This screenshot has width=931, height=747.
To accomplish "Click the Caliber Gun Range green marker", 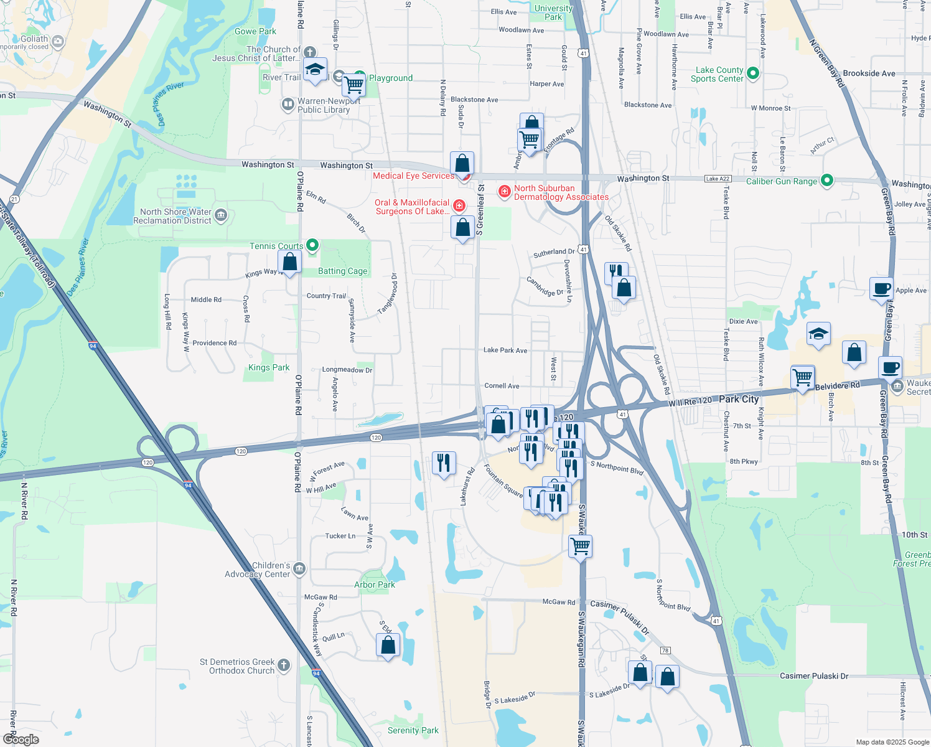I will (826, 181).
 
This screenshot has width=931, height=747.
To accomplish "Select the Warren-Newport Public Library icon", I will (288, 104).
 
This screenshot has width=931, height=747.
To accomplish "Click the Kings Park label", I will (269, 368).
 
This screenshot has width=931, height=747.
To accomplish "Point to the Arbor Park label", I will (374, 585).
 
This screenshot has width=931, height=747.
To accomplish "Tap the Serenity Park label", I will (413, 731).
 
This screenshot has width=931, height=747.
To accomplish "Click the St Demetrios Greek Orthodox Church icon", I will (284, 665).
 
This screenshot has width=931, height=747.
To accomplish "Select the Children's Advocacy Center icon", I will (299, 568).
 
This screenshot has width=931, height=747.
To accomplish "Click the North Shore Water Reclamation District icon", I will (221, 215).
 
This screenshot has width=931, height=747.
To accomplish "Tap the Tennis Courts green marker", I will (312, 245).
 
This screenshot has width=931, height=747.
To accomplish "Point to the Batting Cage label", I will (342, 271).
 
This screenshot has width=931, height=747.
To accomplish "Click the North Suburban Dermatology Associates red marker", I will (505, 191).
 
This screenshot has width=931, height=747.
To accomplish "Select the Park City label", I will (739, 399).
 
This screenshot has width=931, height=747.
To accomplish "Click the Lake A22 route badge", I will (718, 179).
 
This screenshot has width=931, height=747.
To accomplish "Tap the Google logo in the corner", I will (21, 739).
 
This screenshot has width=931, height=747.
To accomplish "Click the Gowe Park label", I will (255, 32).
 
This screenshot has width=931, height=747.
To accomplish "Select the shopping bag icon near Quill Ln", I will (388, 645).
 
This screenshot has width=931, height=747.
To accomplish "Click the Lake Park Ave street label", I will (505, 350).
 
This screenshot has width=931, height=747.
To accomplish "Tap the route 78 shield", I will (665, 651).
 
